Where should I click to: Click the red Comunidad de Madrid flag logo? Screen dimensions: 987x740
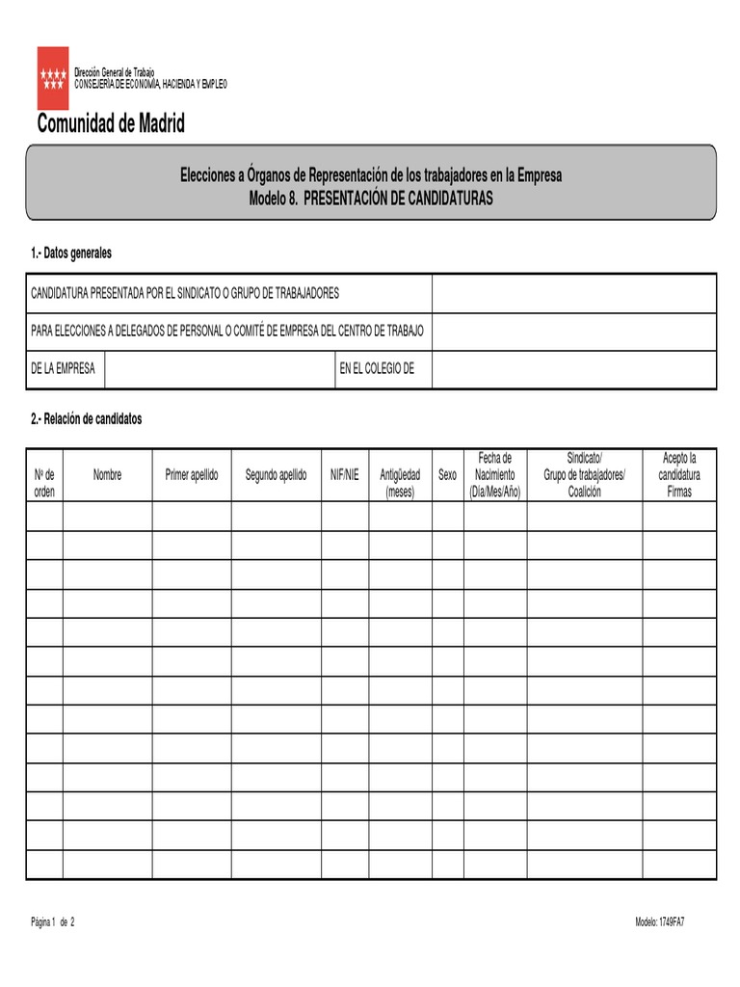coord(53,77)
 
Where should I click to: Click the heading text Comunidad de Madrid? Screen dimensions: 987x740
coord(111,124)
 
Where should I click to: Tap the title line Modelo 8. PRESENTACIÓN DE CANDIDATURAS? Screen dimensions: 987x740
coord(371,198)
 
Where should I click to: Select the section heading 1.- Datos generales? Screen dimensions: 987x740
coord(71,253)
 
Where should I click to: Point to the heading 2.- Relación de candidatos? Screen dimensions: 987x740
coord(86,419)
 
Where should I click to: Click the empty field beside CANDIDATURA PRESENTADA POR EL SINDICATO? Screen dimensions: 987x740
coord(573,293)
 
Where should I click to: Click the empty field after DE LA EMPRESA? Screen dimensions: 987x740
coord(220,370)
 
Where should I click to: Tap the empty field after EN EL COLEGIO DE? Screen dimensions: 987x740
coord(573,370)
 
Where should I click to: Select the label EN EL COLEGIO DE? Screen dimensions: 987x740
coord(377,370)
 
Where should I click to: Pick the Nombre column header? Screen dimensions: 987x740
coord(107,475)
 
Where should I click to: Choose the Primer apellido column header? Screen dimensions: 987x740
coord(192,475)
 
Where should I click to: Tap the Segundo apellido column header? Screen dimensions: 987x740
coord(277,475)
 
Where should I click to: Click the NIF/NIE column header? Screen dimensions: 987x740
coord(345,475)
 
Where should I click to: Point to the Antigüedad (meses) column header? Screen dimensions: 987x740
coord(400,483)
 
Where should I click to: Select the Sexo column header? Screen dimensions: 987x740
coord(447,475)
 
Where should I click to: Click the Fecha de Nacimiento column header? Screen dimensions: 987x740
coord(494,474)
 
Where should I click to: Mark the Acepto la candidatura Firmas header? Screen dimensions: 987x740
coord(679,474)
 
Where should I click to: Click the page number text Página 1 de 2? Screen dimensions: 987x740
coord(52,922)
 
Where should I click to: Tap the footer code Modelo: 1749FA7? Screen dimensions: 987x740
coord(660,922)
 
